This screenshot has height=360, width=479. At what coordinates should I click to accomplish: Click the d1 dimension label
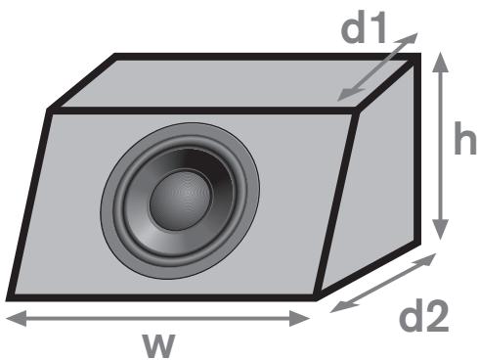pos(365,30)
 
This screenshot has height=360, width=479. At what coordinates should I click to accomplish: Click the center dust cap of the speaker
pos(180,193)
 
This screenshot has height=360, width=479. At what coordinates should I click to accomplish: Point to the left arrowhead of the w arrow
pos(12,316)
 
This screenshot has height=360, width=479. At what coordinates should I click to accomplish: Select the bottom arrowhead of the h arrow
pos(443,233)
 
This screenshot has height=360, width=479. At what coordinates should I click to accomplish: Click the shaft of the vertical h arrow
pos(443,147)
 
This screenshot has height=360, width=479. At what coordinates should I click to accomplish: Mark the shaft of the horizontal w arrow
pos(156,316)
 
